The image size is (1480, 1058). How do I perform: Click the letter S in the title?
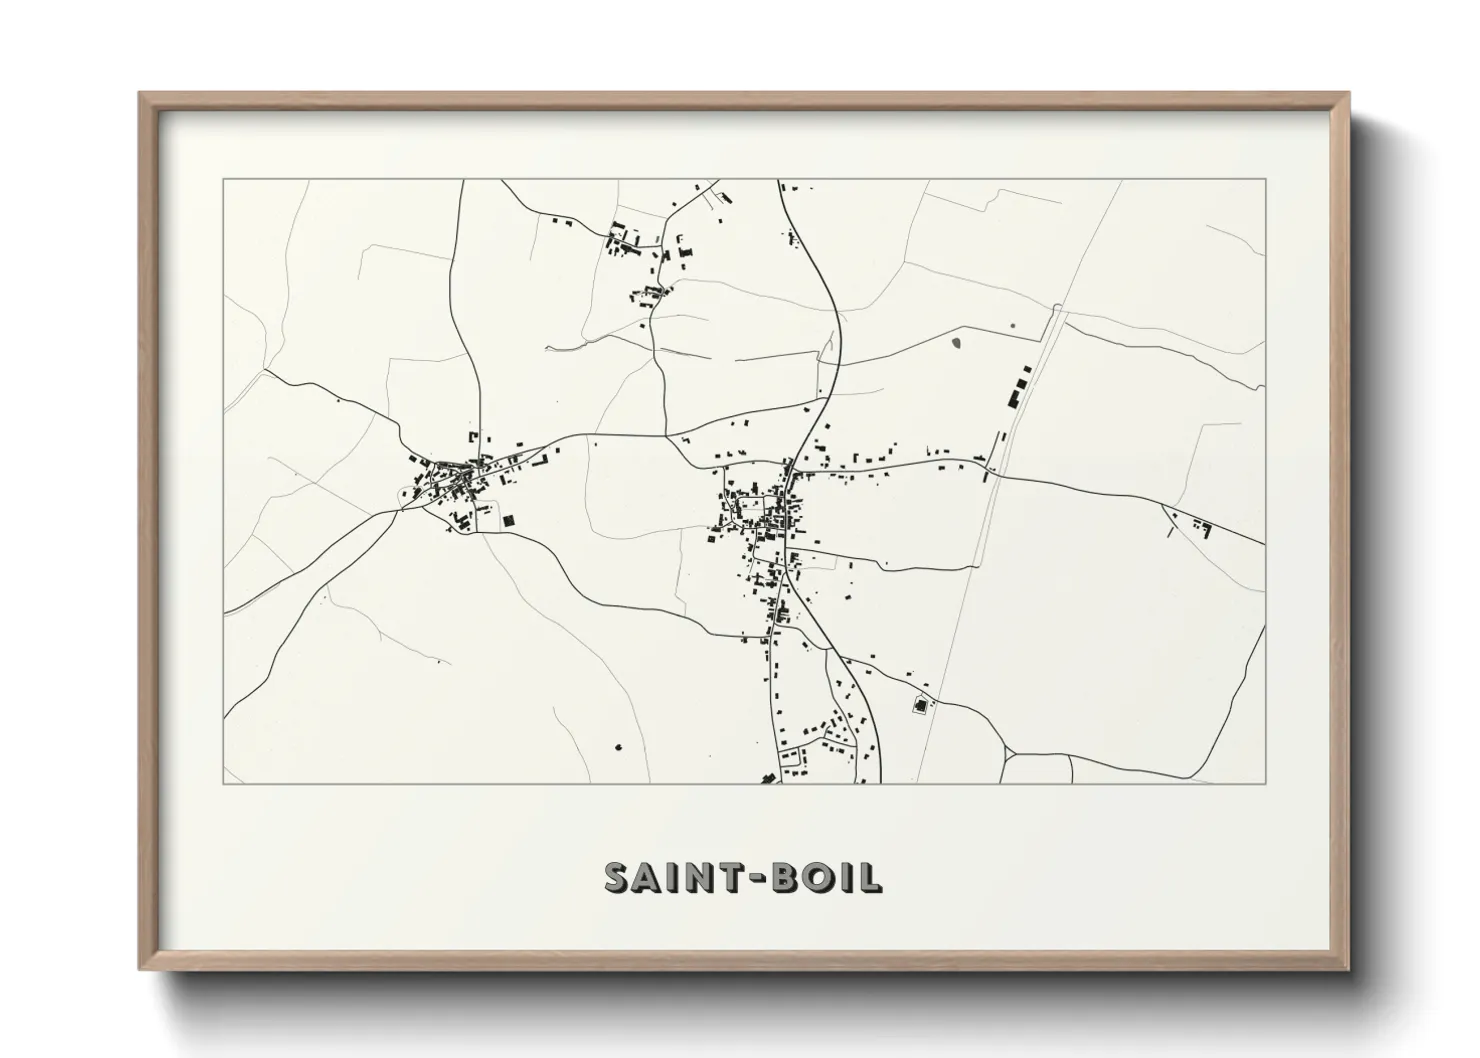click(x=619, y=877)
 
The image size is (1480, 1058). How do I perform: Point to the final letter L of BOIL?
click(x=872, y=877)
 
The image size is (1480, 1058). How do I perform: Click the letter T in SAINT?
click(x=725, y=877)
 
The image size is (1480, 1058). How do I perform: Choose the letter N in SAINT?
click(x=695, y=877)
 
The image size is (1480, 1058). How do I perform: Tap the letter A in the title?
click(x=648, y=877)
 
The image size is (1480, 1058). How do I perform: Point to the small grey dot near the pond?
click(x=1013, y=325)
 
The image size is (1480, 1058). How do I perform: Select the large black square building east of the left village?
click(x=508, y=521)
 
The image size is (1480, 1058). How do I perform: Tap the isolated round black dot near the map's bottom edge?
click(x=617, y=746)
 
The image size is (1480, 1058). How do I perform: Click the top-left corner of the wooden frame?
click(x=141, y=94)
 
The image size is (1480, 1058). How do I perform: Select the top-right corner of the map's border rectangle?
click(x=1266, y=180)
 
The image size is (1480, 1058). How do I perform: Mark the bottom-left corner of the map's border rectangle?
click(x=223, y=783)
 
